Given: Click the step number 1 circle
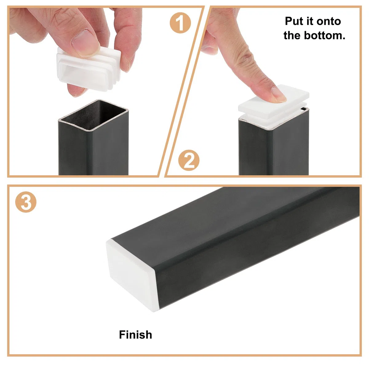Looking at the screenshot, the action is [x=180, y=23].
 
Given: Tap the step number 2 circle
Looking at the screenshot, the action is [x=188, y=160].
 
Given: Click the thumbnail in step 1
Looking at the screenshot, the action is [x=83, y=42].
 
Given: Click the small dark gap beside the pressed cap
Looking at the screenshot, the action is [x=303, y=109].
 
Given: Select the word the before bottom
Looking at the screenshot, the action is [x=292, y=36].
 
